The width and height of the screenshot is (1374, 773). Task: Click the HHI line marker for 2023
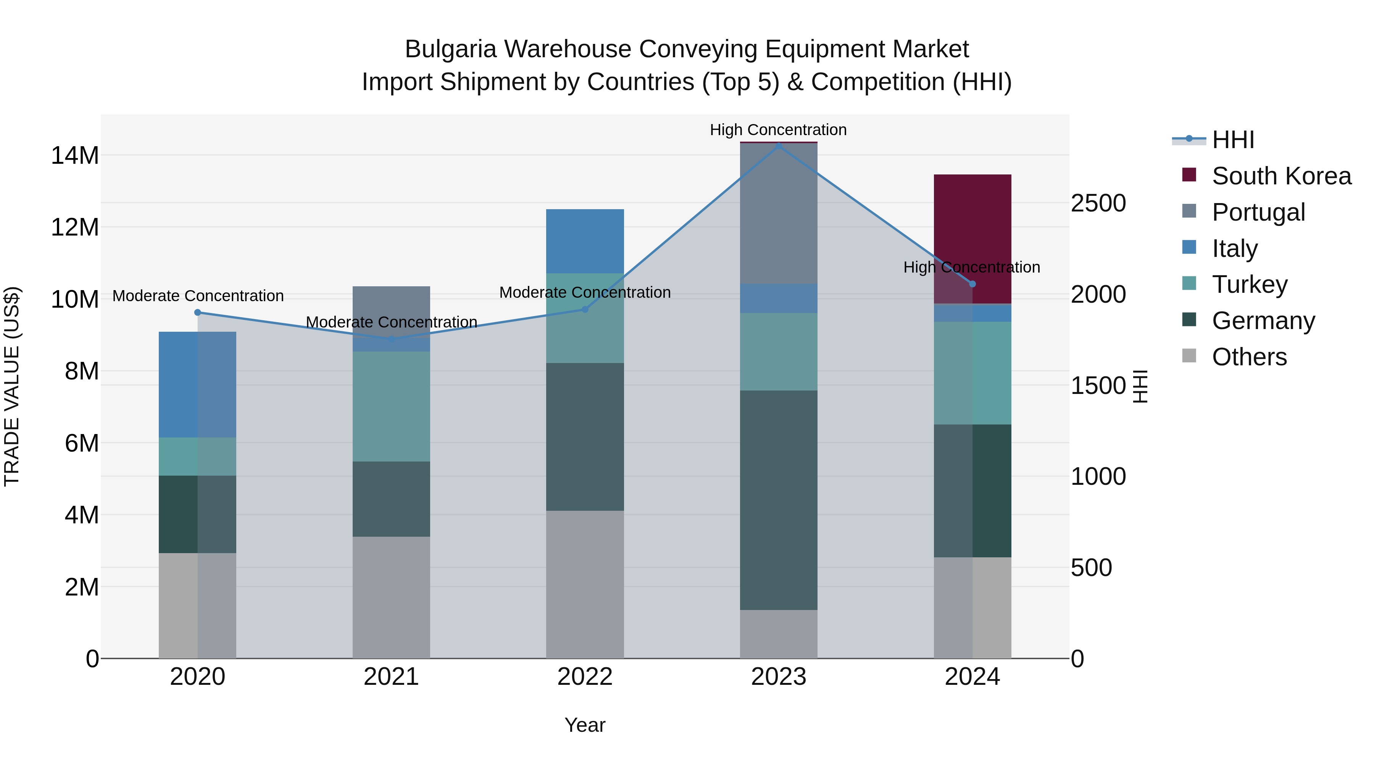778,146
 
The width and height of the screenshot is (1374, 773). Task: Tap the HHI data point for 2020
197,313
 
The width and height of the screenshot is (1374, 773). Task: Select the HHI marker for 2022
585,310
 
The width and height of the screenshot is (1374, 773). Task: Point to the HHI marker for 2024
972,284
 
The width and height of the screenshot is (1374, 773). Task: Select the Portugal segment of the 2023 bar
778,213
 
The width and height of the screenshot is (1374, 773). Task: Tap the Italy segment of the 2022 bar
585,241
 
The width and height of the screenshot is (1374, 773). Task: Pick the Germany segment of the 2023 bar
778,500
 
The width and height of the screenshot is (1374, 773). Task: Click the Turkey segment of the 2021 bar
391,407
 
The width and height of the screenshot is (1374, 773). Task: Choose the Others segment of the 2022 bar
585,584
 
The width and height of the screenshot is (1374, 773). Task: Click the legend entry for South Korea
1281,176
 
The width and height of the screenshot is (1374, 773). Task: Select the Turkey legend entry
1249,284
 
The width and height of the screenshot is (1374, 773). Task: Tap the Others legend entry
1249,357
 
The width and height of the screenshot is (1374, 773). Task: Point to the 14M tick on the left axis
75,156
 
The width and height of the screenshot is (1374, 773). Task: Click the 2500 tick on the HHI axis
1098,203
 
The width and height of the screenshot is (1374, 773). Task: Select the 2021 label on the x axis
391,677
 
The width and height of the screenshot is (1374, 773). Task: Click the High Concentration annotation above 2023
778,130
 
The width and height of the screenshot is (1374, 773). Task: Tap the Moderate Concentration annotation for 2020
198,295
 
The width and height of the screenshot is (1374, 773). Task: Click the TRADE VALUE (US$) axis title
12,386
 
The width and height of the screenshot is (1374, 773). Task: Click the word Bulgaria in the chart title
451,49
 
